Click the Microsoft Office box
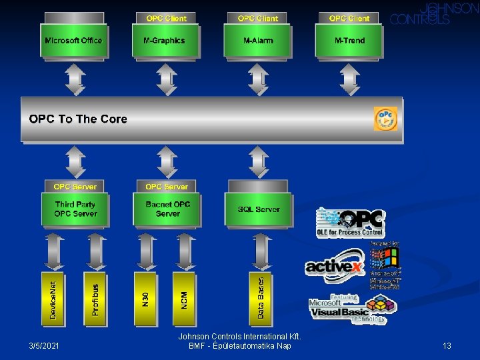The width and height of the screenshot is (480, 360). coord(73,41)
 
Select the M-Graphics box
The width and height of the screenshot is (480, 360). coord(164,41)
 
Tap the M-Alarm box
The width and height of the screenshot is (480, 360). coord(258,41)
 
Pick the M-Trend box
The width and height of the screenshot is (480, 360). coord(349,41)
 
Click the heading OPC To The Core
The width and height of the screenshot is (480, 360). coord(78,119)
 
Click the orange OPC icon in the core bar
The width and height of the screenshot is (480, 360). coord(386,119)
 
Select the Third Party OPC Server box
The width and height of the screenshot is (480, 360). coord(75,209)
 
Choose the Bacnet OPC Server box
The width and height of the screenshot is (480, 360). coord(167,209)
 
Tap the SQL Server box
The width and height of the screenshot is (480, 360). coord(259,209)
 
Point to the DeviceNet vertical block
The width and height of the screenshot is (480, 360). coord(54,298)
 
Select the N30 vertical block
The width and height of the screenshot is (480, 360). coord(145,298)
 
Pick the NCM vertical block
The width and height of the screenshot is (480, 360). coord(184,298)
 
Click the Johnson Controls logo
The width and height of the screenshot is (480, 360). coord(434,14)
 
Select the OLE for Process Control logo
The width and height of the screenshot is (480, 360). coord(351,223)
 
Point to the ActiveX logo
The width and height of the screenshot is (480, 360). coord(335,265)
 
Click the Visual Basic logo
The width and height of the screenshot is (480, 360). coord(352,309)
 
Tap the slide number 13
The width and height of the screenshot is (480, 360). coord(447,345)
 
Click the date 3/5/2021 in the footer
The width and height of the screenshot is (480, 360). coord(44,345)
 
